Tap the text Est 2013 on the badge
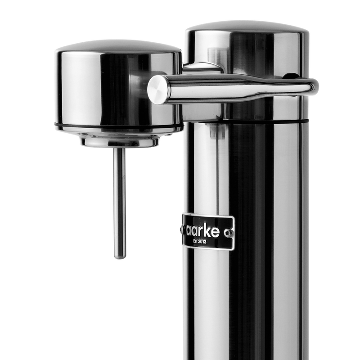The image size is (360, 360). [207, 241]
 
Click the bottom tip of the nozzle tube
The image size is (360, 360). [120, 257]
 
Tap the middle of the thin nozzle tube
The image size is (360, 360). [120, 202]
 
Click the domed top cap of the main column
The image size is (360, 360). [247, 27]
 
